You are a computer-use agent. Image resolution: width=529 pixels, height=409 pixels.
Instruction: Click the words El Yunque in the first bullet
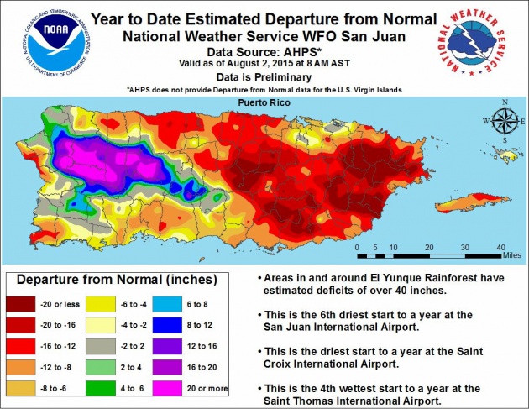click(x=370, y=276)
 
